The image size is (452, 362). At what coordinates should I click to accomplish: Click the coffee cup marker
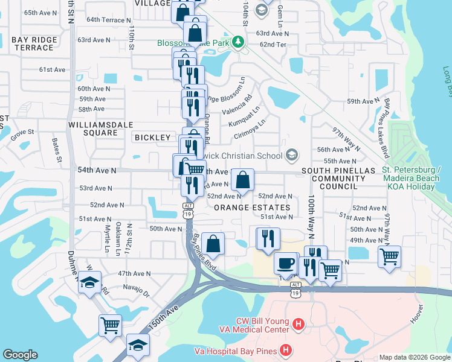coord(285,264)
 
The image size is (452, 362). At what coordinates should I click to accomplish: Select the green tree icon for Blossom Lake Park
coord(239,42)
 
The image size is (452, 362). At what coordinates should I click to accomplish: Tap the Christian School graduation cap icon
coord(292,156)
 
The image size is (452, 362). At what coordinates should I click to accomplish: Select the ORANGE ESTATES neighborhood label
coord(252,207)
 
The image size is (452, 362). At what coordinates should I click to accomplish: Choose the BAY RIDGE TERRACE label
coord(34,43)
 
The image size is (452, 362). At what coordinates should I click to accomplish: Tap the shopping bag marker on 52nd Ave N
coord(242,179)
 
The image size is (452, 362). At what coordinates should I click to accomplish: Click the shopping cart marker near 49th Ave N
coord(389,256)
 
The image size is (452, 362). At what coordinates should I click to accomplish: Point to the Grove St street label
coord(22,132)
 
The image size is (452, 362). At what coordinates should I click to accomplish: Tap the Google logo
coord(20,355)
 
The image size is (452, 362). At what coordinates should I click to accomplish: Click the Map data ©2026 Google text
coord(414,357)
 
